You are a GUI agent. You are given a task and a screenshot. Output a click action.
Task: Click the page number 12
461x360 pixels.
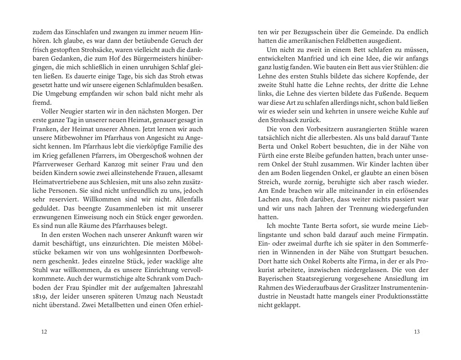(x=44, y=332)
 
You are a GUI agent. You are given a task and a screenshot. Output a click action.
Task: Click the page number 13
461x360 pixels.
(x=417, y=332)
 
